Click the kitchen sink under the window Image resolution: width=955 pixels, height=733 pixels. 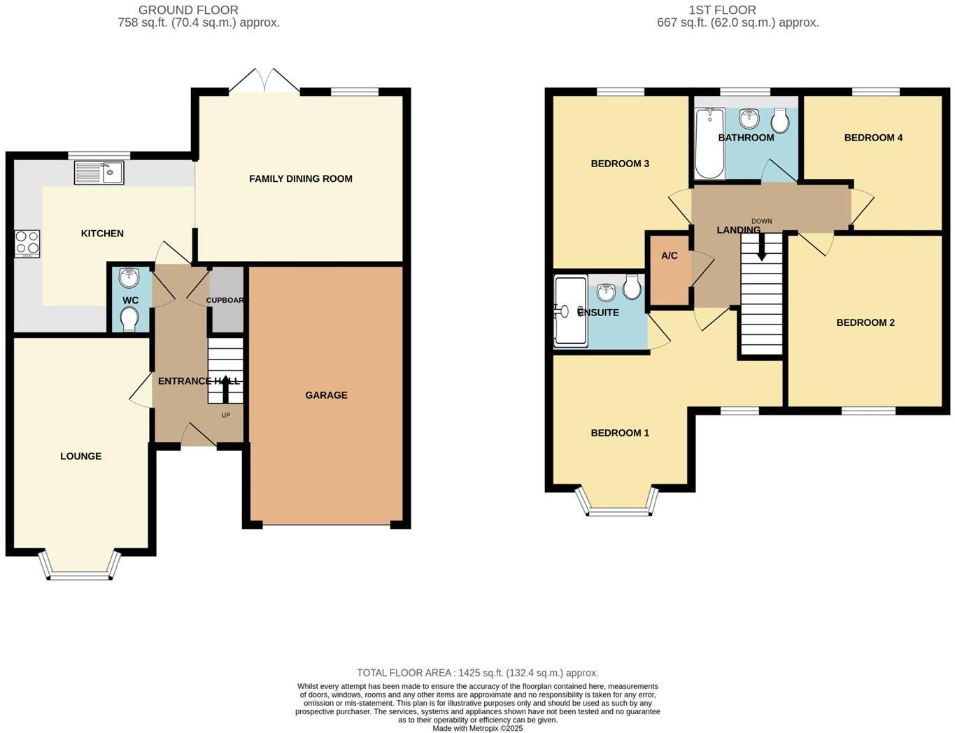coord(99,172)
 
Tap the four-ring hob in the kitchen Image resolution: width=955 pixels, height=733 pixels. coord(27,244)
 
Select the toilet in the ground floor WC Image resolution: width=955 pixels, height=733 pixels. coord(129,320)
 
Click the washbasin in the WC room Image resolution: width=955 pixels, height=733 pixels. coord(129,278)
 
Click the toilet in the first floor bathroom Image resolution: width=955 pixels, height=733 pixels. coord(780,122)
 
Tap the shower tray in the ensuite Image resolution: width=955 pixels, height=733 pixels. coord(570,311)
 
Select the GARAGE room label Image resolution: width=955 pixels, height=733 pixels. coord(326,395)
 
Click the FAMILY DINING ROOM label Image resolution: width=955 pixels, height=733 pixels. coord(301,178)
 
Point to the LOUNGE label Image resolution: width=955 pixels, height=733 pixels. coord(80,456)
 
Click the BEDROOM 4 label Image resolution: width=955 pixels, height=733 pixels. coord(873,137)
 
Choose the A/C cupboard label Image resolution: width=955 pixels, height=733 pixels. coord(670,255)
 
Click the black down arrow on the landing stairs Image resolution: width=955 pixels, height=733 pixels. coord(761,248)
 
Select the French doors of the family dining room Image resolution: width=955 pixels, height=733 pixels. coord(264,82)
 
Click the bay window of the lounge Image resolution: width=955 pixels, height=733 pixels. coord(80,568)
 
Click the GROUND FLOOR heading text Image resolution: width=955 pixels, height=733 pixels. coord(188,10)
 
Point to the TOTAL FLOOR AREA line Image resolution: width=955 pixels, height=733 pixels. coord(478,673)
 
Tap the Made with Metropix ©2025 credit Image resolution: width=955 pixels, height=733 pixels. coord(478,728)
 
